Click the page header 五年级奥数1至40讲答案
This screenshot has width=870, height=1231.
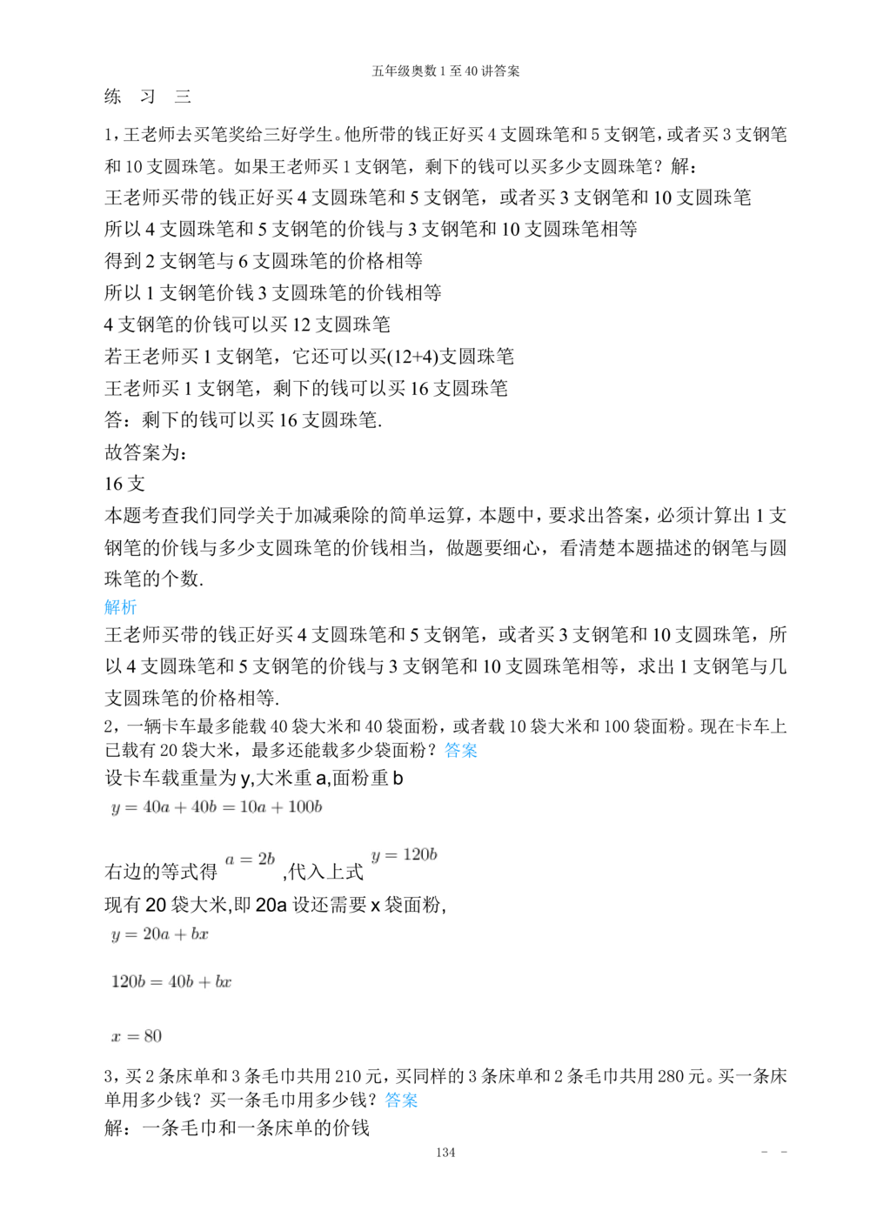pos(445,70)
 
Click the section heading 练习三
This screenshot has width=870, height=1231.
pos(147,97)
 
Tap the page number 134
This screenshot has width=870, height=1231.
pos(445,1153)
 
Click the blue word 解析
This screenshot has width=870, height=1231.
pos(120,606)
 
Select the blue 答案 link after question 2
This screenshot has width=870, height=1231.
pos(460,751)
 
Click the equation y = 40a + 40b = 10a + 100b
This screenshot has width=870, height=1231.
pos(217,807)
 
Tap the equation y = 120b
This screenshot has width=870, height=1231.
pos(404,855)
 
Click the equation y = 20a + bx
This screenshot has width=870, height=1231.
pos(160,934)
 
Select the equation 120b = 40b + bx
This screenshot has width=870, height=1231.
pos(171,982)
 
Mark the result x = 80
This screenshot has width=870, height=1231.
pos(137,1036)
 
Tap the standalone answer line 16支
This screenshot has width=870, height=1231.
pos(124,484)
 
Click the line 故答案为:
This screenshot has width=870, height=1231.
pos(145,452)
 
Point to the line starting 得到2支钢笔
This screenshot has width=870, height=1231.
pos(264,260)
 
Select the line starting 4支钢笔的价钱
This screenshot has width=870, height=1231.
pos(247,324)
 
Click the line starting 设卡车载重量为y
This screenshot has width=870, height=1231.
pos(254,778)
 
